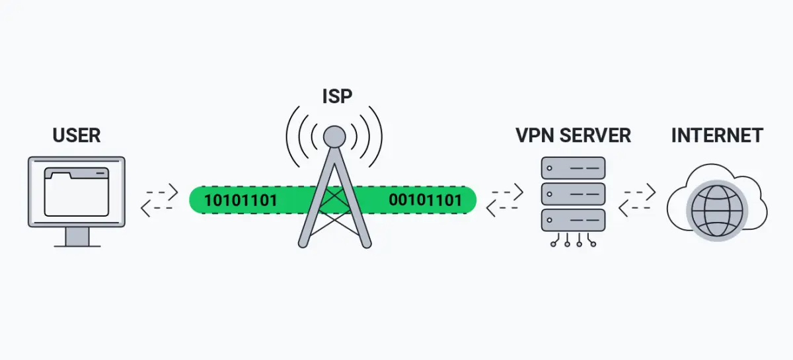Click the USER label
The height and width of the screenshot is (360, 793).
pos(76,136)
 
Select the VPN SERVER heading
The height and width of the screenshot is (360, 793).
pos(573,136)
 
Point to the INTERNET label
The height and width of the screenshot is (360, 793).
pos(717,136)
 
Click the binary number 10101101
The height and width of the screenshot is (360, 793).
pos(241,200)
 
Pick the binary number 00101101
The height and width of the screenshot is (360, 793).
pos(425,200)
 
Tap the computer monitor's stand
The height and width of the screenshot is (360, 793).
pos(77,236)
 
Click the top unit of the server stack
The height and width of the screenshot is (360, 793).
pos(573,168)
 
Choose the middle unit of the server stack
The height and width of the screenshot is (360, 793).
pos(573,194)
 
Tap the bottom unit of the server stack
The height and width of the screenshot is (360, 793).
pos(573,219)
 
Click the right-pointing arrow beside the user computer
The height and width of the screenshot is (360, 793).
pos(162,192)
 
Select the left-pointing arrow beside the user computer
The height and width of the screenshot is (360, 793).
pos(157,208)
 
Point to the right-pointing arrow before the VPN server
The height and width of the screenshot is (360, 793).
pos(508,192)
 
